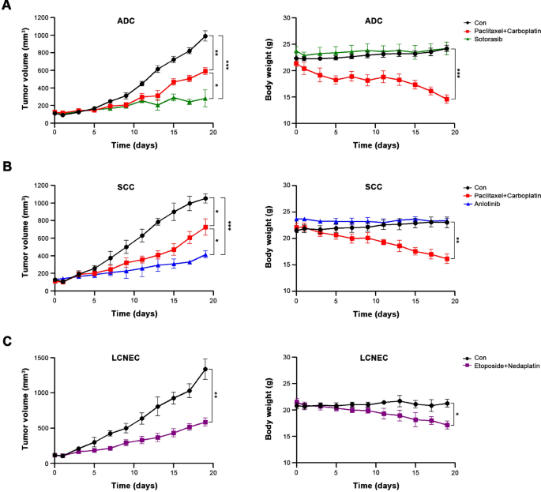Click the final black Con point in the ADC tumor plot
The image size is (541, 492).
[x=205, y=36]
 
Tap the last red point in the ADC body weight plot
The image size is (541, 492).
[x=447, y=100]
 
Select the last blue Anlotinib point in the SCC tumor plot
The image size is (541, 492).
[x=205, y=254]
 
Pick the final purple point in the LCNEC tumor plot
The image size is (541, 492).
[x=205, y=422]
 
